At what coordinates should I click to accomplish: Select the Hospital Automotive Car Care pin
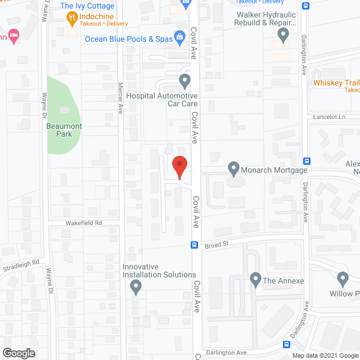(184, 82)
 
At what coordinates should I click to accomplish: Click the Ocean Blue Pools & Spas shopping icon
(179, 39)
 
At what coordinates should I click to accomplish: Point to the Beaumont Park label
(64, 130)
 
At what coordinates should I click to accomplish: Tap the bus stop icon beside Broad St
(194, 245)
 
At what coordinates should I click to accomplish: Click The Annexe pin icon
(255, 280)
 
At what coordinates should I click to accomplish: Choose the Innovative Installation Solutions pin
(135, 288)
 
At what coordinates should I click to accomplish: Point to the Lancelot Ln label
(329, 117)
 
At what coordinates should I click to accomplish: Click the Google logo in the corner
(18, 353)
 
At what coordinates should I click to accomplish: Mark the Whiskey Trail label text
(336, 83)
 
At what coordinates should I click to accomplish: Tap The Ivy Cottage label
(87, 6)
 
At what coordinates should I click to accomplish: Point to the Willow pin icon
(343, 278)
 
